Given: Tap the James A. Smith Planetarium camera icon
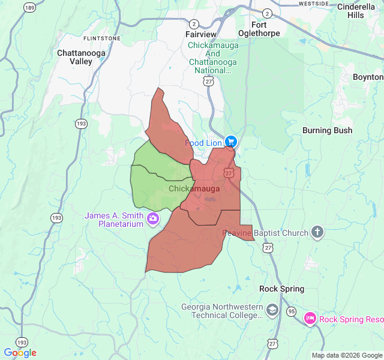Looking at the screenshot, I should click(x=153, y=219).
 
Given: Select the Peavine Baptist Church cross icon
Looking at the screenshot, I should click(x=317, y=232).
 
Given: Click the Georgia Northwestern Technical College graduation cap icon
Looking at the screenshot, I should click(x=272, y=310).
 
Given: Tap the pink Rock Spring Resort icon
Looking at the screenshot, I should click(x=310, y=318).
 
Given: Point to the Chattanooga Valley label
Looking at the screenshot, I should click(x=81, y=57).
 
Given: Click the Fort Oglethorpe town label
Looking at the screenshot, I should click(x=266, y=29).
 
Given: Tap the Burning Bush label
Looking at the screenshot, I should click(x=327, y=130).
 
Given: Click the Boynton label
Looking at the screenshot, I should click(x=367, y=77).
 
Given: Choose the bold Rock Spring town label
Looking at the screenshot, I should click(x=281, y=289).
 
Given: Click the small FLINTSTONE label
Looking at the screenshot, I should click(x=102, y=38).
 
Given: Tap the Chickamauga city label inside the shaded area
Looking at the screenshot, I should click(x=194, y=188).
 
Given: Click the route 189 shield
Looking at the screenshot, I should click(x=29, y=7).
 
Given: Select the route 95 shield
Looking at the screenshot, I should click(x=291, y=311).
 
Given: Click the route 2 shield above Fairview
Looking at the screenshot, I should click(x=194, y=24).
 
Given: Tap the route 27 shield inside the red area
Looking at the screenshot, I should click(x=229, y=173).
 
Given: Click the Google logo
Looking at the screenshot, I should click(x=20, y=353).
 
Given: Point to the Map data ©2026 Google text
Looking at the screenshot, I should click(x=346, y=355).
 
